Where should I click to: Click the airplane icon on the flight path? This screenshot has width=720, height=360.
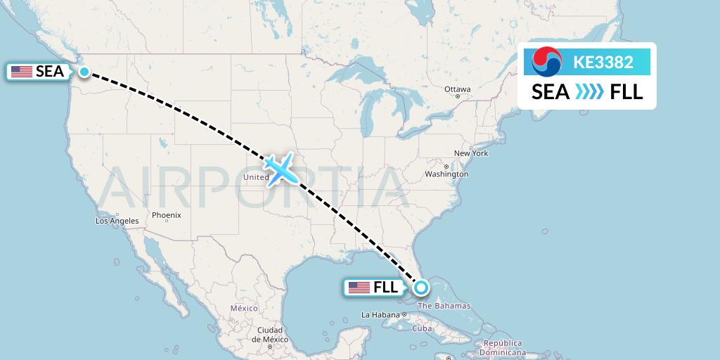[280, 167]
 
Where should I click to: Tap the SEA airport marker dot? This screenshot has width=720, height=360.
[84, 71]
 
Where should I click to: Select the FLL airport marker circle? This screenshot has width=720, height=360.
[420, 287]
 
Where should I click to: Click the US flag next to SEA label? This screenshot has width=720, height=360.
[21, 71]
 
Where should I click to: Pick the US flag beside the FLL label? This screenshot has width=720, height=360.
[359, 287]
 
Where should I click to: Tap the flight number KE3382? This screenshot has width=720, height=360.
[603, 62]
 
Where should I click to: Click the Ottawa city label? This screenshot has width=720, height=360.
[457, 89]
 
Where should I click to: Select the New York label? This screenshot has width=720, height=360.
[470, 153]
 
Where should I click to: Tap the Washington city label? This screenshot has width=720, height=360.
[446, 174]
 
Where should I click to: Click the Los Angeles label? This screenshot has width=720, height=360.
[117, 221]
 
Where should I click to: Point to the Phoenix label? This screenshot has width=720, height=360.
[167, 215]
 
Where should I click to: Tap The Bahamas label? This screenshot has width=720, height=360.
[444, 306]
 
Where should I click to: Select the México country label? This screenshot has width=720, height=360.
[244, 308]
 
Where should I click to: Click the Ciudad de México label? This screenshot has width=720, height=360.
[269, 335]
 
